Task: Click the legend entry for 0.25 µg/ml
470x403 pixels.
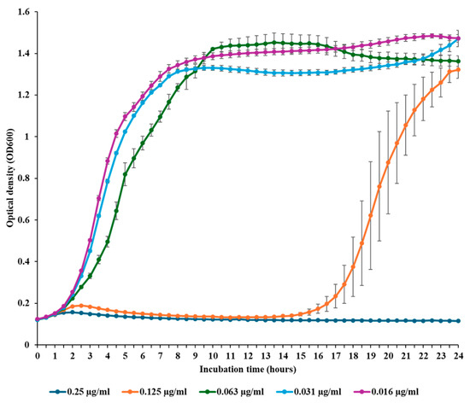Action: tap(79, 391)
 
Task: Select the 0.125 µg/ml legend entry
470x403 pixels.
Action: tap(155, 391)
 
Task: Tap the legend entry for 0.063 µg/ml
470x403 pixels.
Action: tap(232, 391)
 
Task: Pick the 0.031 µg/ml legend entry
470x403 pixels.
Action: tap(309, 391)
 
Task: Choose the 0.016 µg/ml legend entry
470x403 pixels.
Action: tap(386, 391)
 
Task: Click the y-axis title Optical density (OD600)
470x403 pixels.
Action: tap(10, 178)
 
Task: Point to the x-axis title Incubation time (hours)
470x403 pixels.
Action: tap(248, 369)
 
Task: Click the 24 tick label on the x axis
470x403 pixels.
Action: tap(458, 356)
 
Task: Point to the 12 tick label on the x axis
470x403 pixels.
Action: tap(248, 356)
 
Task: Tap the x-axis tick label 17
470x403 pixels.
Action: tap(336, 356)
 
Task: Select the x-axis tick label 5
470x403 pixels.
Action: tap(125, 356)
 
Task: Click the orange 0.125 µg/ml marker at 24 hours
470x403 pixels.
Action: tap(458, 70)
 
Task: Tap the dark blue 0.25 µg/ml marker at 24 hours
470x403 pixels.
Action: tap(458, 321)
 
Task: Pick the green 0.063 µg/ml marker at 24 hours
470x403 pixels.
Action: tap(458, 61)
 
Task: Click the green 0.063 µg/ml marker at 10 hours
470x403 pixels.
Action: tap(213, 50)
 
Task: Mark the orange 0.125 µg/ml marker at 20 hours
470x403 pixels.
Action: tap(388, 162)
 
